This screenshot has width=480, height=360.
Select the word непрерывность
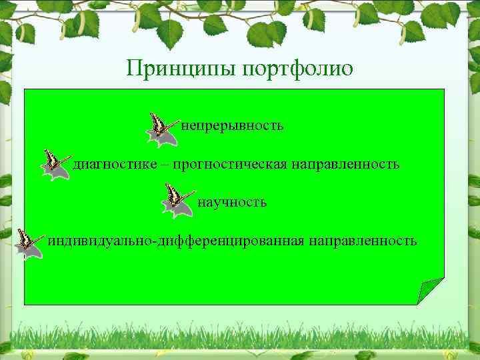[233, 125]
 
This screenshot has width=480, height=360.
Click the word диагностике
[115, 164]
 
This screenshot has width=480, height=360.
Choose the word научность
[232, 202]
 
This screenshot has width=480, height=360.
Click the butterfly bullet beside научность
[177, 202]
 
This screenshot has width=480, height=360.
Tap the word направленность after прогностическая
[345, 164]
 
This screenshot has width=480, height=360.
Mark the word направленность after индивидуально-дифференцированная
[363, 241]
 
